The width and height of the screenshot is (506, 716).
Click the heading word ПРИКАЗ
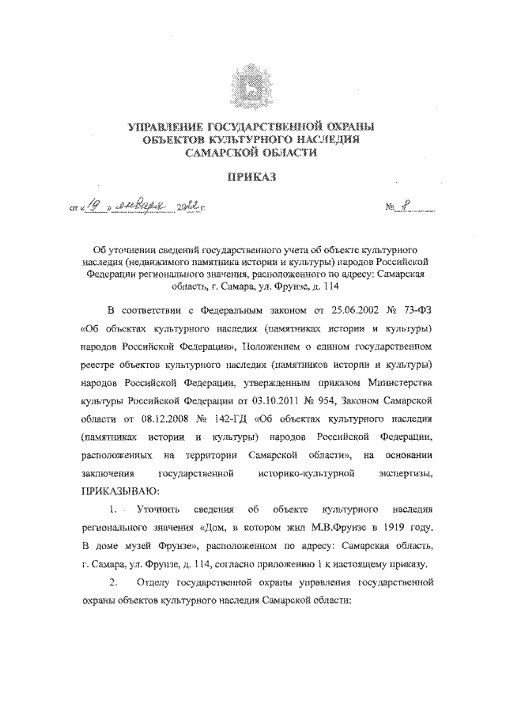(x=252, y=178)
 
